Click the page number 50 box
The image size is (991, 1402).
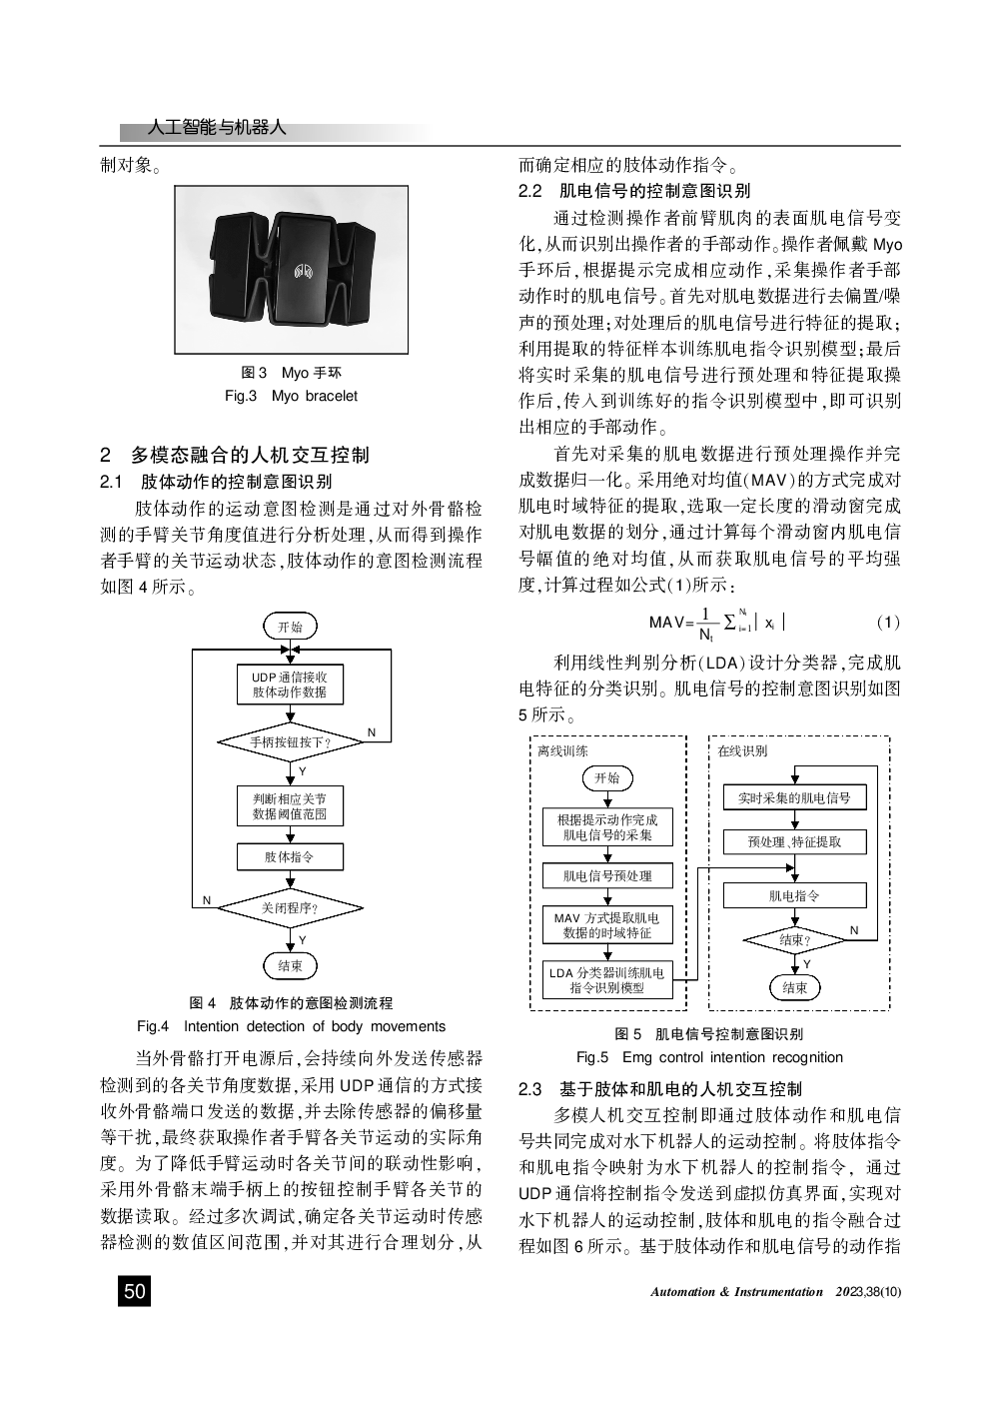pyautogui.click(x=134, y=1291)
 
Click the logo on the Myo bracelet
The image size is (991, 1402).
pyautogui.click(x=304, y=271)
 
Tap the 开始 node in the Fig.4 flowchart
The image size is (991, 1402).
pyautogui.click(x=290, y=627)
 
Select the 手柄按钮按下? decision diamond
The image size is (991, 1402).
pyautogui.click(x=290, y=742)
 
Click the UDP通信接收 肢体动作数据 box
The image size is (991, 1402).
pyautogui.click(x=290, y=685)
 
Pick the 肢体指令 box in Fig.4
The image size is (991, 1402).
pyautogui.click(x=290, y=856)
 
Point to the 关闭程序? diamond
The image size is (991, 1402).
pyautogui.click(x=290, y=908)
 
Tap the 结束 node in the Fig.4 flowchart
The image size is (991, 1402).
pyautogui.click(x=290, y=965)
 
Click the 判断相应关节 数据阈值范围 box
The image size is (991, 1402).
pyautogui.click(x=290, y=806)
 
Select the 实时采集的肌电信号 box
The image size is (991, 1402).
pyautogui.click(x=794, y=797)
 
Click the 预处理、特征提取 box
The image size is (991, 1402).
pyautogui.click(x=794, y=842)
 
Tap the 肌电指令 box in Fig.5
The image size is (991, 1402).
pyautogui.click(x=794, y=896)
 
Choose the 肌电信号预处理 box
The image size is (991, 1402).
pyautogui.click(x=607, y=875)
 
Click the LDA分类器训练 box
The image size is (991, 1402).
pyautogui.click(x=607, y=979)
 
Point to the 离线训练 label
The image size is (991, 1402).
pyautogui.click(x=562, y=750)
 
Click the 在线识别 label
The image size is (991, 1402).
pyautogui.click(x=742, y=750)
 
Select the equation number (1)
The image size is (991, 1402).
pyautogui.click(x=887, y=623)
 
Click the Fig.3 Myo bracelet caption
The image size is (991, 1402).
pyautogui.click(x=291, y=396)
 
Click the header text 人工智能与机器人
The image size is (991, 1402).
pyautogui.click(x=216, y=128)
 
